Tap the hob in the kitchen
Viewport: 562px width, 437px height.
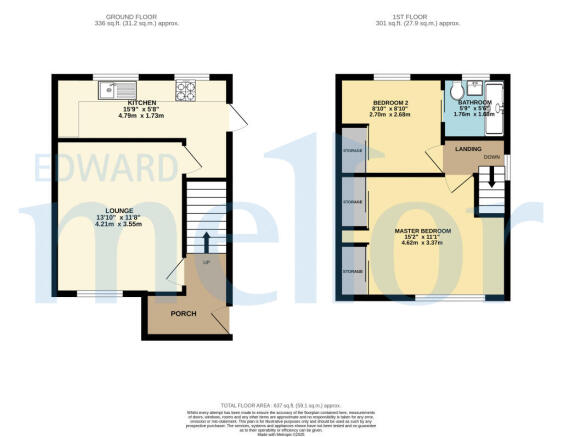point(185,92)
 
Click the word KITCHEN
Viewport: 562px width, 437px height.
point(141,103)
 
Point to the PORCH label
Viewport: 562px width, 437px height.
point(183,314)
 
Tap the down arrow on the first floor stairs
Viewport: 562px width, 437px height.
point(490,180)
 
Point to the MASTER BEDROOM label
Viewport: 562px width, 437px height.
point(422,231)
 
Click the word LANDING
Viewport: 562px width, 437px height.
point(469,150)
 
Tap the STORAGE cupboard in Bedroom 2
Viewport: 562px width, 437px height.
point(352,152)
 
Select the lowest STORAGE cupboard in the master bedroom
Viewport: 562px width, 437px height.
point(352,271)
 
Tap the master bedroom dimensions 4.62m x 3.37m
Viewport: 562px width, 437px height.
point(422,244)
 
